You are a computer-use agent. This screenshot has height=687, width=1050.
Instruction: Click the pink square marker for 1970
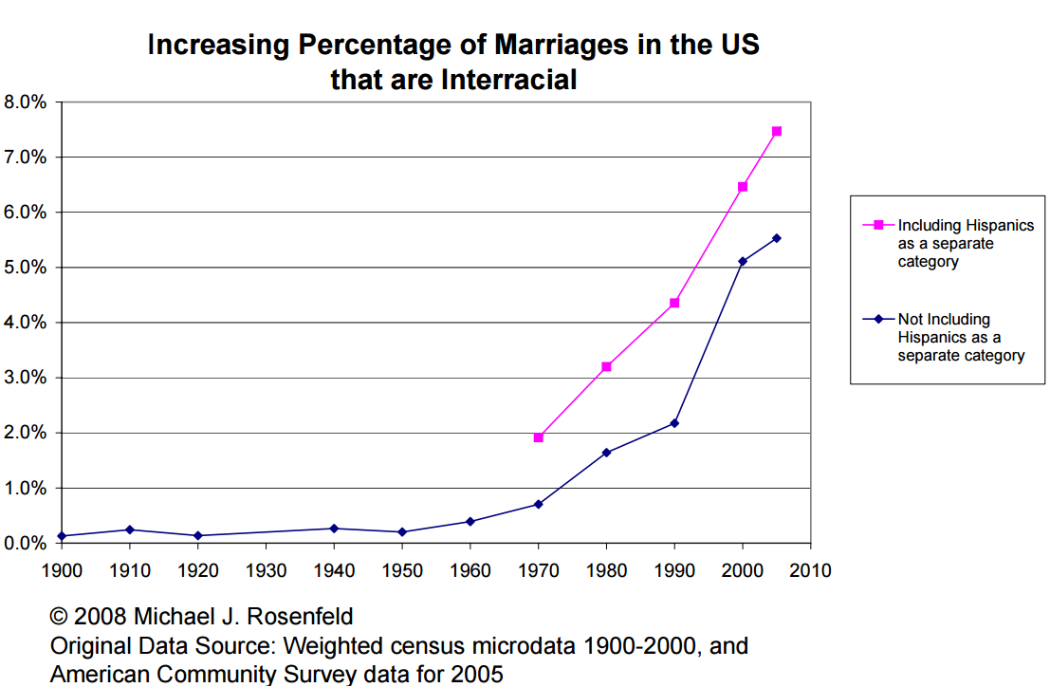click(x=539, y=437)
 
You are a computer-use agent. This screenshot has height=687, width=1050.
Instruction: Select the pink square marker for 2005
click(x=777, y=131)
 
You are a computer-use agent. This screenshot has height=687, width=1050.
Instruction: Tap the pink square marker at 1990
click(x=674, y=303)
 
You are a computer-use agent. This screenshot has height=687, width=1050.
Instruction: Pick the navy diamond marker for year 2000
click(x=743, y=261)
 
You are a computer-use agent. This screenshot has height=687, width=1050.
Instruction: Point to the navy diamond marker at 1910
click(x=129, y=529)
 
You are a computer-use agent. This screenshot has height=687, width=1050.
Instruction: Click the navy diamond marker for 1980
click(x=606, y=453)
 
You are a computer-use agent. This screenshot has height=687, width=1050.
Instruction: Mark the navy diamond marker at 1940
click(x=334, y=529)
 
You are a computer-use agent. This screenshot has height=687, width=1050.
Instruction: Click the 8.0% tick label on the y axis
click(x=26, y=102)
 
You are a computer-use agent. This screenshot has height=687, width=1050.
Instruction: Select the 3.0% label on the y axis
click(x=26, y=378)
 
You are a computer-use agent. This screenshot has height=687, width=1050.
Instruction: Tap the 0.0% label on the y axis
click(x=26, y=544)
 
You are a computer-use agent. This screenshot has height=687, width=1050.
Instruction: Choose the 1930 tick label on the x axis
click(x=266, y=570)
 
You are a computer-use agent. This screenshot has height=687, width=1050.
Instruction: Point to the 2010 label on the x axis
click(x=811, y=570)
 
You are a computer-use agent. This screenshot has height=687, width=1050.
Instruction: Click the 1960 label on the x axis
click(x=470, y=570)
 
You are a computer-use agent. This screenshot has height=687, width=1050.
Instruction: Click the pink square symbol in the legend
click(x=878, y=225)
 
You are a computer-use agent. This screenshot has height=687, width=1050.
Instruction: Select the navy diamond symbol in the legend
click(x=878, y=319)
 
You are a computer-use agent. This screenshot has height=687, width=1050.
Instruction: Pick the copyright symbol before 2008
click(x=59, y=617)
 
